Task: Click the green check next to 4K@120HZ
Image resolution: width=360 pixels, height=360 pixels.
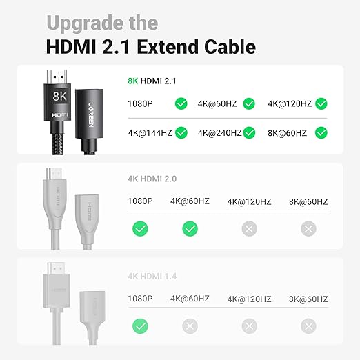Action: [321, 104]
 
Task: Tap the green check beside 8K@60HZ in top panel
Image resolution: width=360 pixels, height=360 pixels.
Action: [321, 132]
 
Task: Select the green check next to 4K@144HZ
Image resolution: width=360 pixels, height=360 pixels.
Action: [182, 132]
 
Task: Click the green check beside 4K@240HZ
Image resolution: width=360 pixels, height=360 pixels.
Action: [250, 132]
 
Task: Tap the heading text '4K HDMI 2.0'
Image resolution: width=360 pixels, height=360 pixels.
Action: [152, 179]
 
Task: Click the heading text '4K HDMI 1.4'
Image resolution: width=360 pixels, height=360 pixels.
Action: [152, 277]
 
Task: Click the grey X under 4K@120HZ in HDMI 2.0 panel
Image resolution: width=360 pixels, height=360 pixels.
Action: [250, 228]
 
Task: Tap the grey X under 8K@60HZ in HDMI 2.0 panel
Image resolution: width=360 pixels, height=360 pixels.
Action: [308, 228]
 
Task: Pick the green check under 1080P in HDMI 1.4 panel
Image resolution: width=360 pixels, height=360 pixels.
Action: [140, 326]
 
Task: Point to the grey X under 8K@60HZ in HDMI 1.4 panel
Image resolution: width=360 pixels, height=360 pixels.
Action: [308, 326]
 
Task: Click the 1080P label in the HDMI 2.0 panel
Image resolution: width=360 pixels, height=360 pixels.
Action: [141, 201]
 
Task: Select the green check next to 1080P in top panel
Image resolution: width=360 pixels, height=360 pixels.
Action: [181, 104]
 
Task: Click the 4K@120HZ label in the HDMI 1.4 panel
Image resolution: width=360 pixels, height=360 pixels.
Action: [249, 299]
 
